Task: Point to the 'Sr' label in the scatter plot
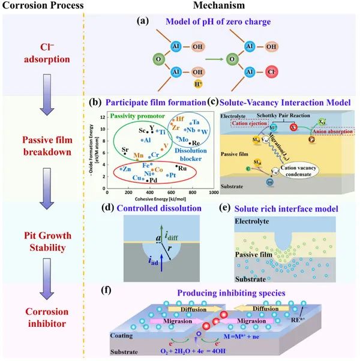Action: click(x=125, y=150)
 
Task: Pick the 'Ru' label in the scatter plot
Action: click(x=181, y=169)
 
